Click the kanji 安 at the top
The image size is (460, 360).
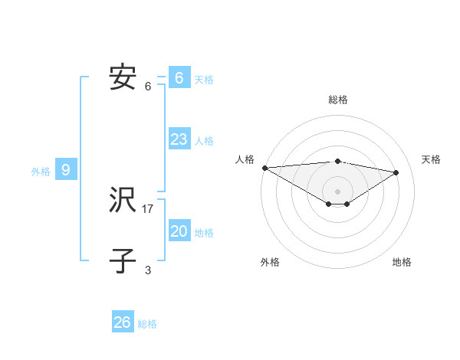[123, 78]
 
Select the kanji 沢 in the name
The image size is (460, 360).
[123, 201]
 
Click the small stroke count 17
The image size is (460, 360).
[148, 208]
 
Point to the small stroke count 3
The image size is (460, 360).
[148, 270]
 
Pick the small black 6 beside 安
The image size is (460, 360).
[148, 86]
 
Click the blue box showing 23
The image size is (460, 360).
[179, 139]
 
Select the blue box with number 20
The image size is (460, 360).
[179, 231]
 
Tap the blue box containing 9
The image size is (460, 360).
[66, 170]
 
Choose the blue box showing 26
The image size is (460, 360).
[123, 322]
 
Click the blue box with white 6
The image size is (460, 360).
[179, 78]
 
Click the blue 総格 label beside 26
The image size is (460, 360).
[147, 324]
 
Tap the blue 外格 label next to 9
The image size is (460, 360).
[41, 172]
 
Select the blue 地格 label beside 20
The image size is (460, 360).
[204, 233]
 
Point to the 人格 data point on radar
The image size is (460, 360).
[264, 168]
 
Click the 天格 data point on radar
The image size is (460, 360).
[396, 172]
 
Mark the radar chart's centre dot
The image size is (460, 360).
[337, 191]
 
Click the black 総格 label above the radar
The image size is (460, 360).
[338, 100]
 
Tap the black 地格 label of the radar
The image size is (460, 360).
[402, 263]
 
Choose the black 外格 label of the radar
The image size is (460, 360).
[270, 263]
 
